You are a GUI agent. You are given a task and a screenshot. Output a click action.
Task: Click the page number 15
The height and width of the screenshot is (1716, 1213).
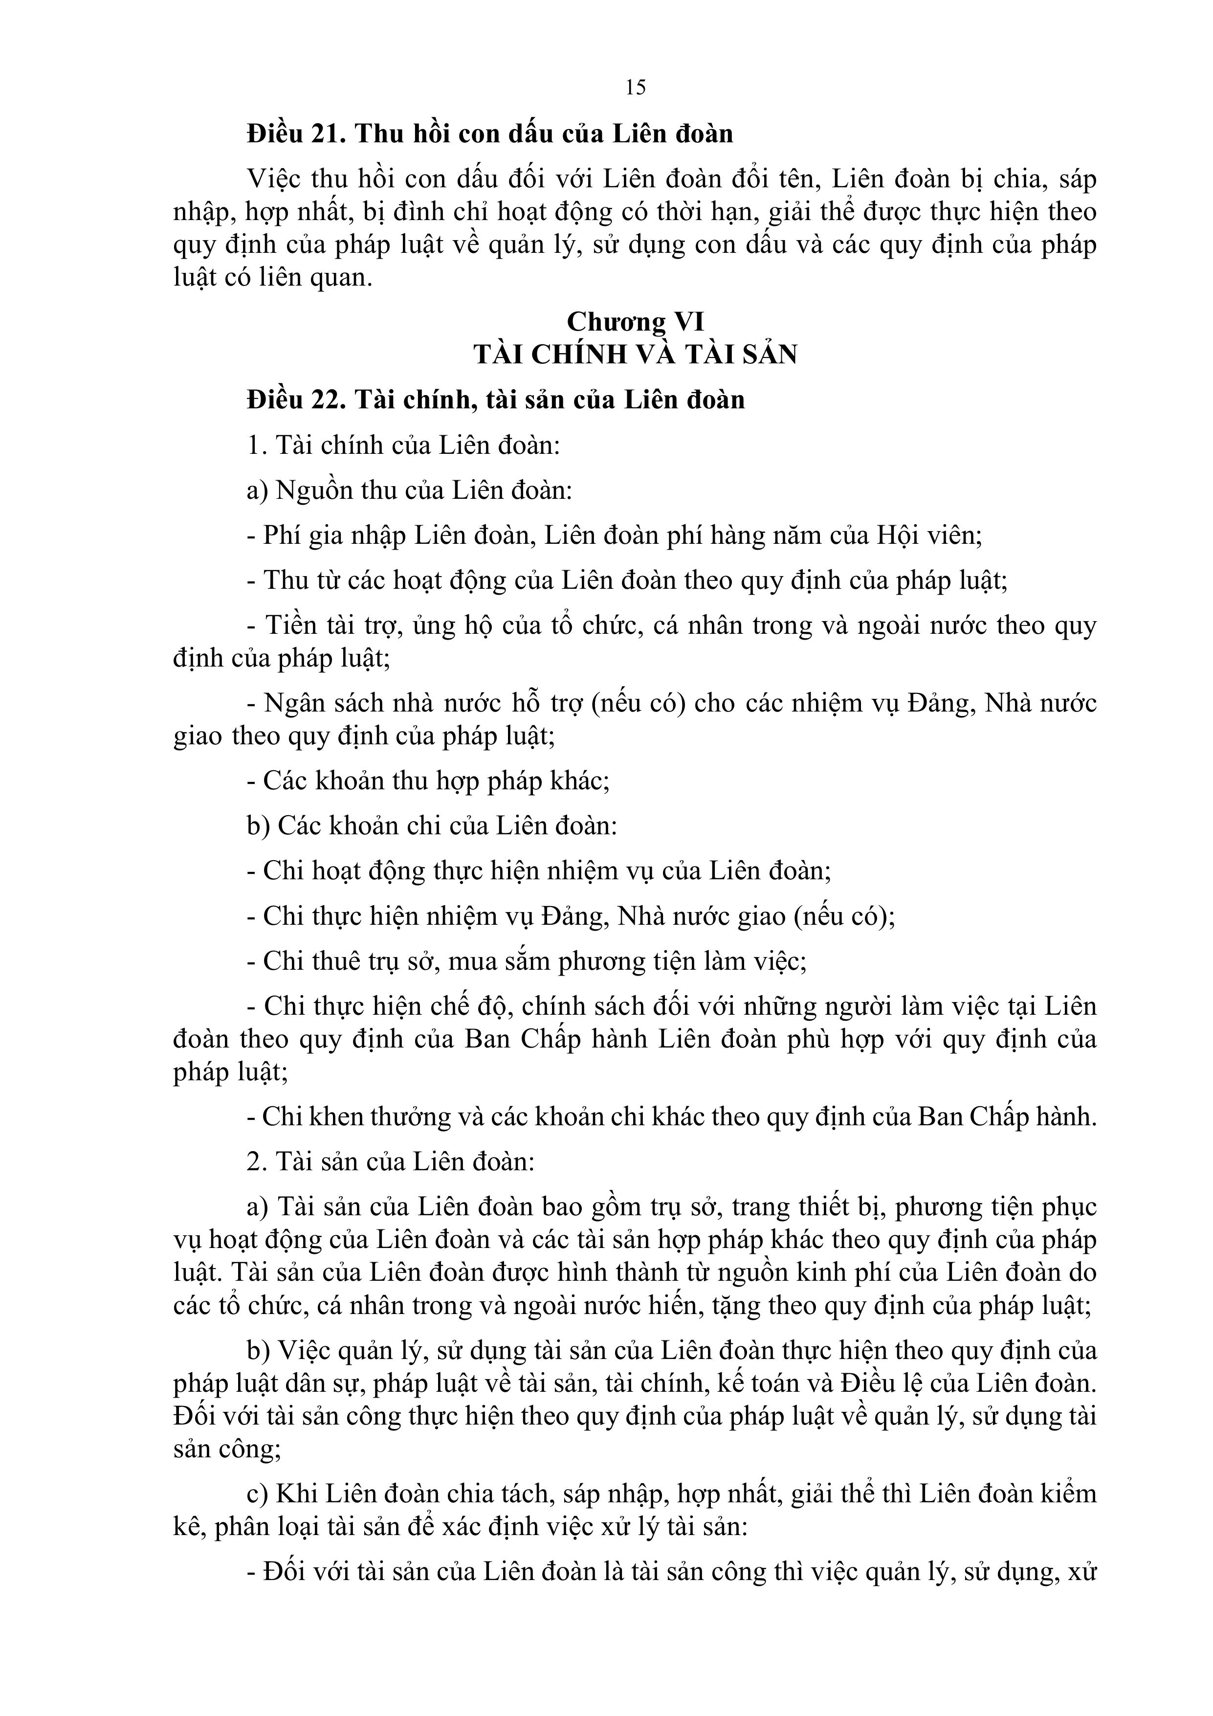pos(635,88)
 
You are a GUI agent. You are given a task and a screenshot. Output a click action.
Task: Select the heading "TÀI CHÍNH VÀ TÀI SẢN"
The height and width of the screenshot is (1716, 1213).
pos(635,354)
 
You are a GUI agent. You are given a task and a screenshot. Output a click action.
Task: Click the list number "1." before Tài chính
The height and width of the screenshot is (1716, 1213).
pos(257,446)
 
